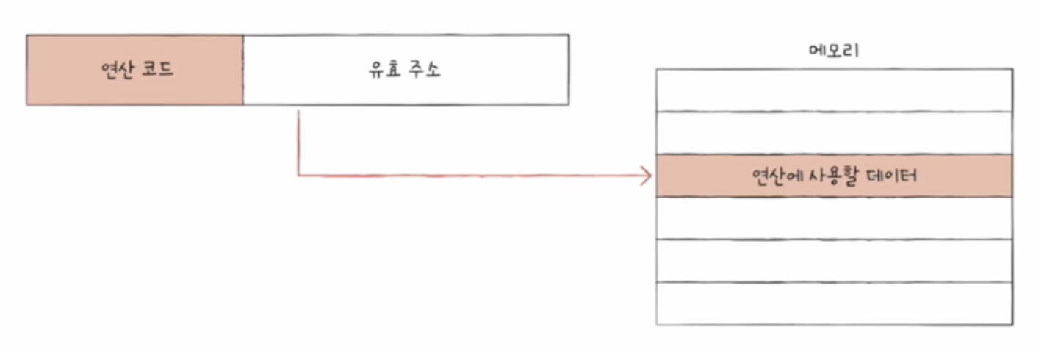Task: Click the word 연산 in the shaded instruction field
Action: (118, 70)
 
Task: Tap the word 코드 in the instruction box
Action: (157, 70)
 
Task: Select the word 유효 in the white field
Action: (384, 70)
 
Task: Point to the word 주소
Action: (424, 70)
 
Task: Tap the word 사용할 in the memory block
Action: (834, 176)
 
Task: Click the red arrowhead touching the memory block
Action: (647, 176)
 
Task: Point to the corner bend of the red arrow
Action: (298, 176)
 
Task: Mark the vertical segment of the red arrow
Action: (298, 143)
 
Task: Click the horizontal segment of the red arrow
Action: (470, 176)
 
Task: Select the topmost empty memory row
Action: (834, 90)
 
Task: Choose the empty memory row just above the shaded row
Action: (834, 133)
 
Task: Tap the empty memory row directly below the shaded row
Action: (834, 218)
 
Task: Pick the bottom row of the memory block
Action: (834, 303)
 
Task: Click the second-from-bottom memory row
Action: (834, 261)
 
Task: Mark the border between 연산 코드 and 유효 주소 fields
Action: (243, 70)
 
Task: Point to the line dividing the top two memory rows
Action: (834, 112)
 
